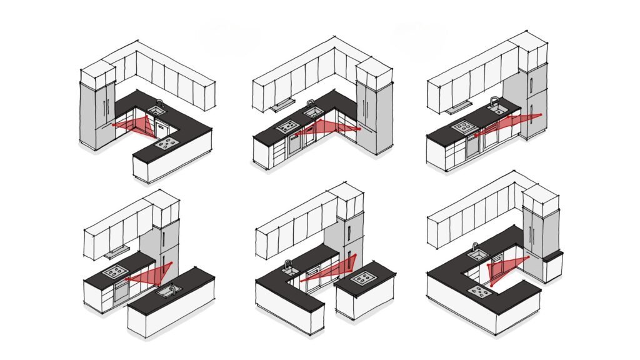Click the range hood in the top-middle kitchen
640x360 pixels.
point(281,104)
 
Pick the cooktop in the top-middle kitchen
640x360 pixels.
point(288,127)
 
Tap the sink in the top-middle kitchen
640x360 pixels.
point(313,112)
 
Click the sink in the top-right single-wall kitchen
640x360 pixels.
point(497,109)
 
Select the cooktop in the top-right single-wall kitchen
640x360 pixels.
point(465,127)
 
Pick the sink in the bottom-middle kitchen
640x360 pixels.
point(289,270)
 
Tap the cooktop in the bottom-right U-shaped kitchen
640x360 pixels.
point(481,290)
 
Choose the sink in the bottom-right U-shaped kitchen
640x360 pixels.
point(479,255)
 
